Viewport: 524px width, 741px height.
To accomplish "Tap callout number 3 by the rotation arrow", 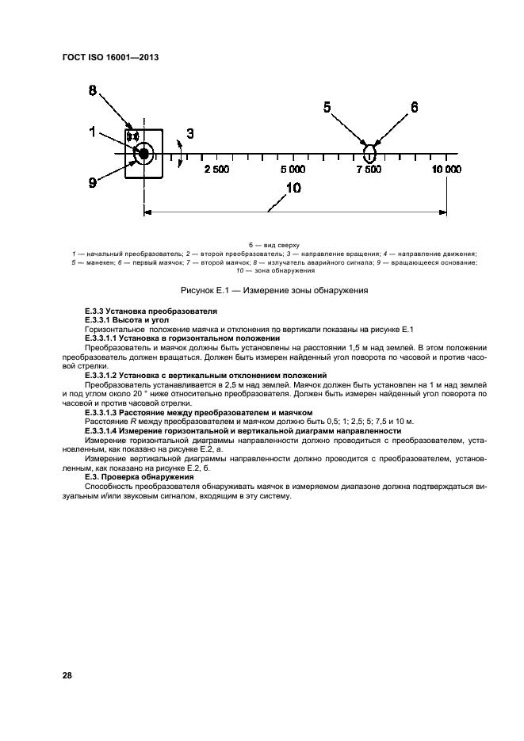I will click(189, 134).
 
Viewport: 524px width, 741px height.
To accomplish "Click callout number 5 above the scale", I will click(328, 108).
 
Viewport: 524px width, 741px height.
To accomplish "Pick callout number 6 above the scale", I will click(413, 108).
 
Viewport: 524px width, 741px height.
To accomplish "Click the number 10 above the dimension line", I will click(293, 188).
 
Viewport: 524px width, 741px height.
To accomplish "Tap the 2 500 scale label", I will click(216, 170).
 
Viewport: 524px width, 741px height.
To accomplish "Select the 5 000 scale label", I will click(293, 170).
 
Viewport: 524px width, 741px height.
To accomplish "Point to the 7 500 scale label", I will click(369, 170).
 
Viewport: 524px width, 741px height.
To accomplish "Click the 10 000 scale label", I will click(446, 170).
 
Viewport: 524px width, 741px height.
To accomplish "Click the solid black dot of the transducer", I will click(143, 153).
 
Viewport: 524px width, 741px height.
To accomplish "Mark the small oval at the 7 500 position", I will click(369, 151).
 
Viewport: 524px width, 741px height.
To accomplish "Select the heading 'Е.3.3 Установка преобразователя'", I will click(150, 311).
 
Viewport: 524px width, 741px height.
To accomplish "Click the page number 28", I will click(67, 676).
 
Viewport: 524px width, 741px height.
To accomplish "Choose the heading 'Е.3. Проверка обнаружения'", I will click(139, 478).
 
